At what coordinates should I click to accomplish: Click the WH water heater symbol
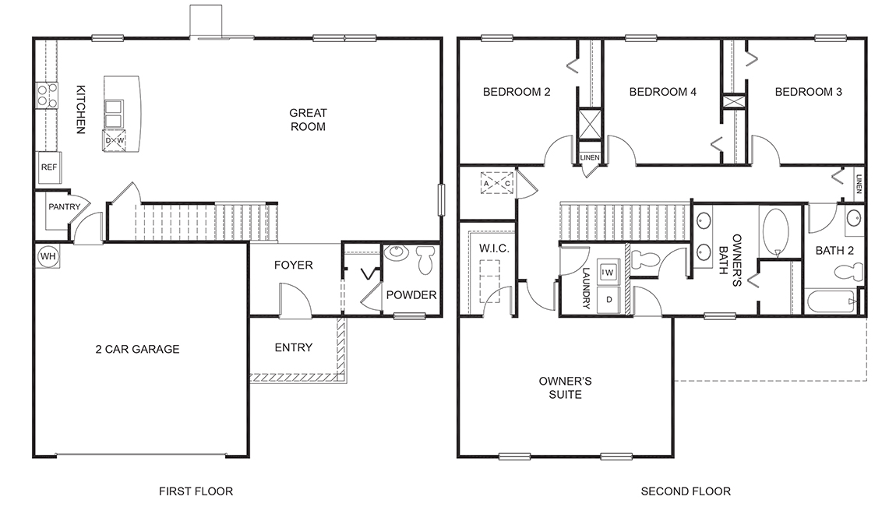click(x=47, y=256)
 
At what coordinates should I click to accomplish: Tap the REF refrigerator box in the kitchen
click(x=49, y=167)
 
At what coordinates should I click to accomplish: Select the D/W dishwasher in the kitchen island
click(x=115, y=140)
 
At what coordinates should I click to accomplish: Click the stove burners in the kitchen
click(x=46, y=95)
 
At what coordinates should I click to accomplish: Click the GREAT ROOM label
click(x=308, y=119)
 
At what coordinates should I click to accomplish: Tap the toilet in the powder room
click(x=426, y=260)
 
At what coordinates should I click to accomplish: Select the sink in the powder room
click(x=397, y=254)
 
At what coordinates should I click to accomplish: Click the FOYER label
click(x=294, y=266)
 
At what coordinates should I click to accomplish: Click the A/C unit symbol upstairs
click(x=497, y=183)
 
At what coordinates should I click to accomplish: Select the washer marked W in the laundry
click(x=609, y=272)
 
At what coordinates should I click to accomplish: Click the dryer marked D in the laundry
click(x=609, y=299)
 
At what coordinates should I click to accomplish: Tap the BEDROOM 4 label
click(x=662, y=92)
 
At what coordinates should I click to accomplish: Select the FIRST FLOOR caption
click(x=196, y=491)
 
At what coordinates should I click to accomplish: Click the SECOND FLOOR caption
click(x=686, y=491)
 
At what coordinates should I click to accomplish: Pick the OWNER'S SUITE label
click(x=566, y=388)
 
